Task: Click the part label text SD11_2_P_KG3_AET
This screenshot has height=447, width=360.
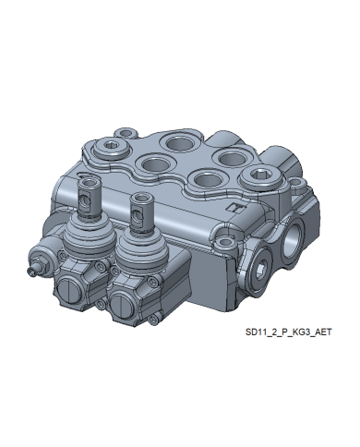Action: click(288, 332)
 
